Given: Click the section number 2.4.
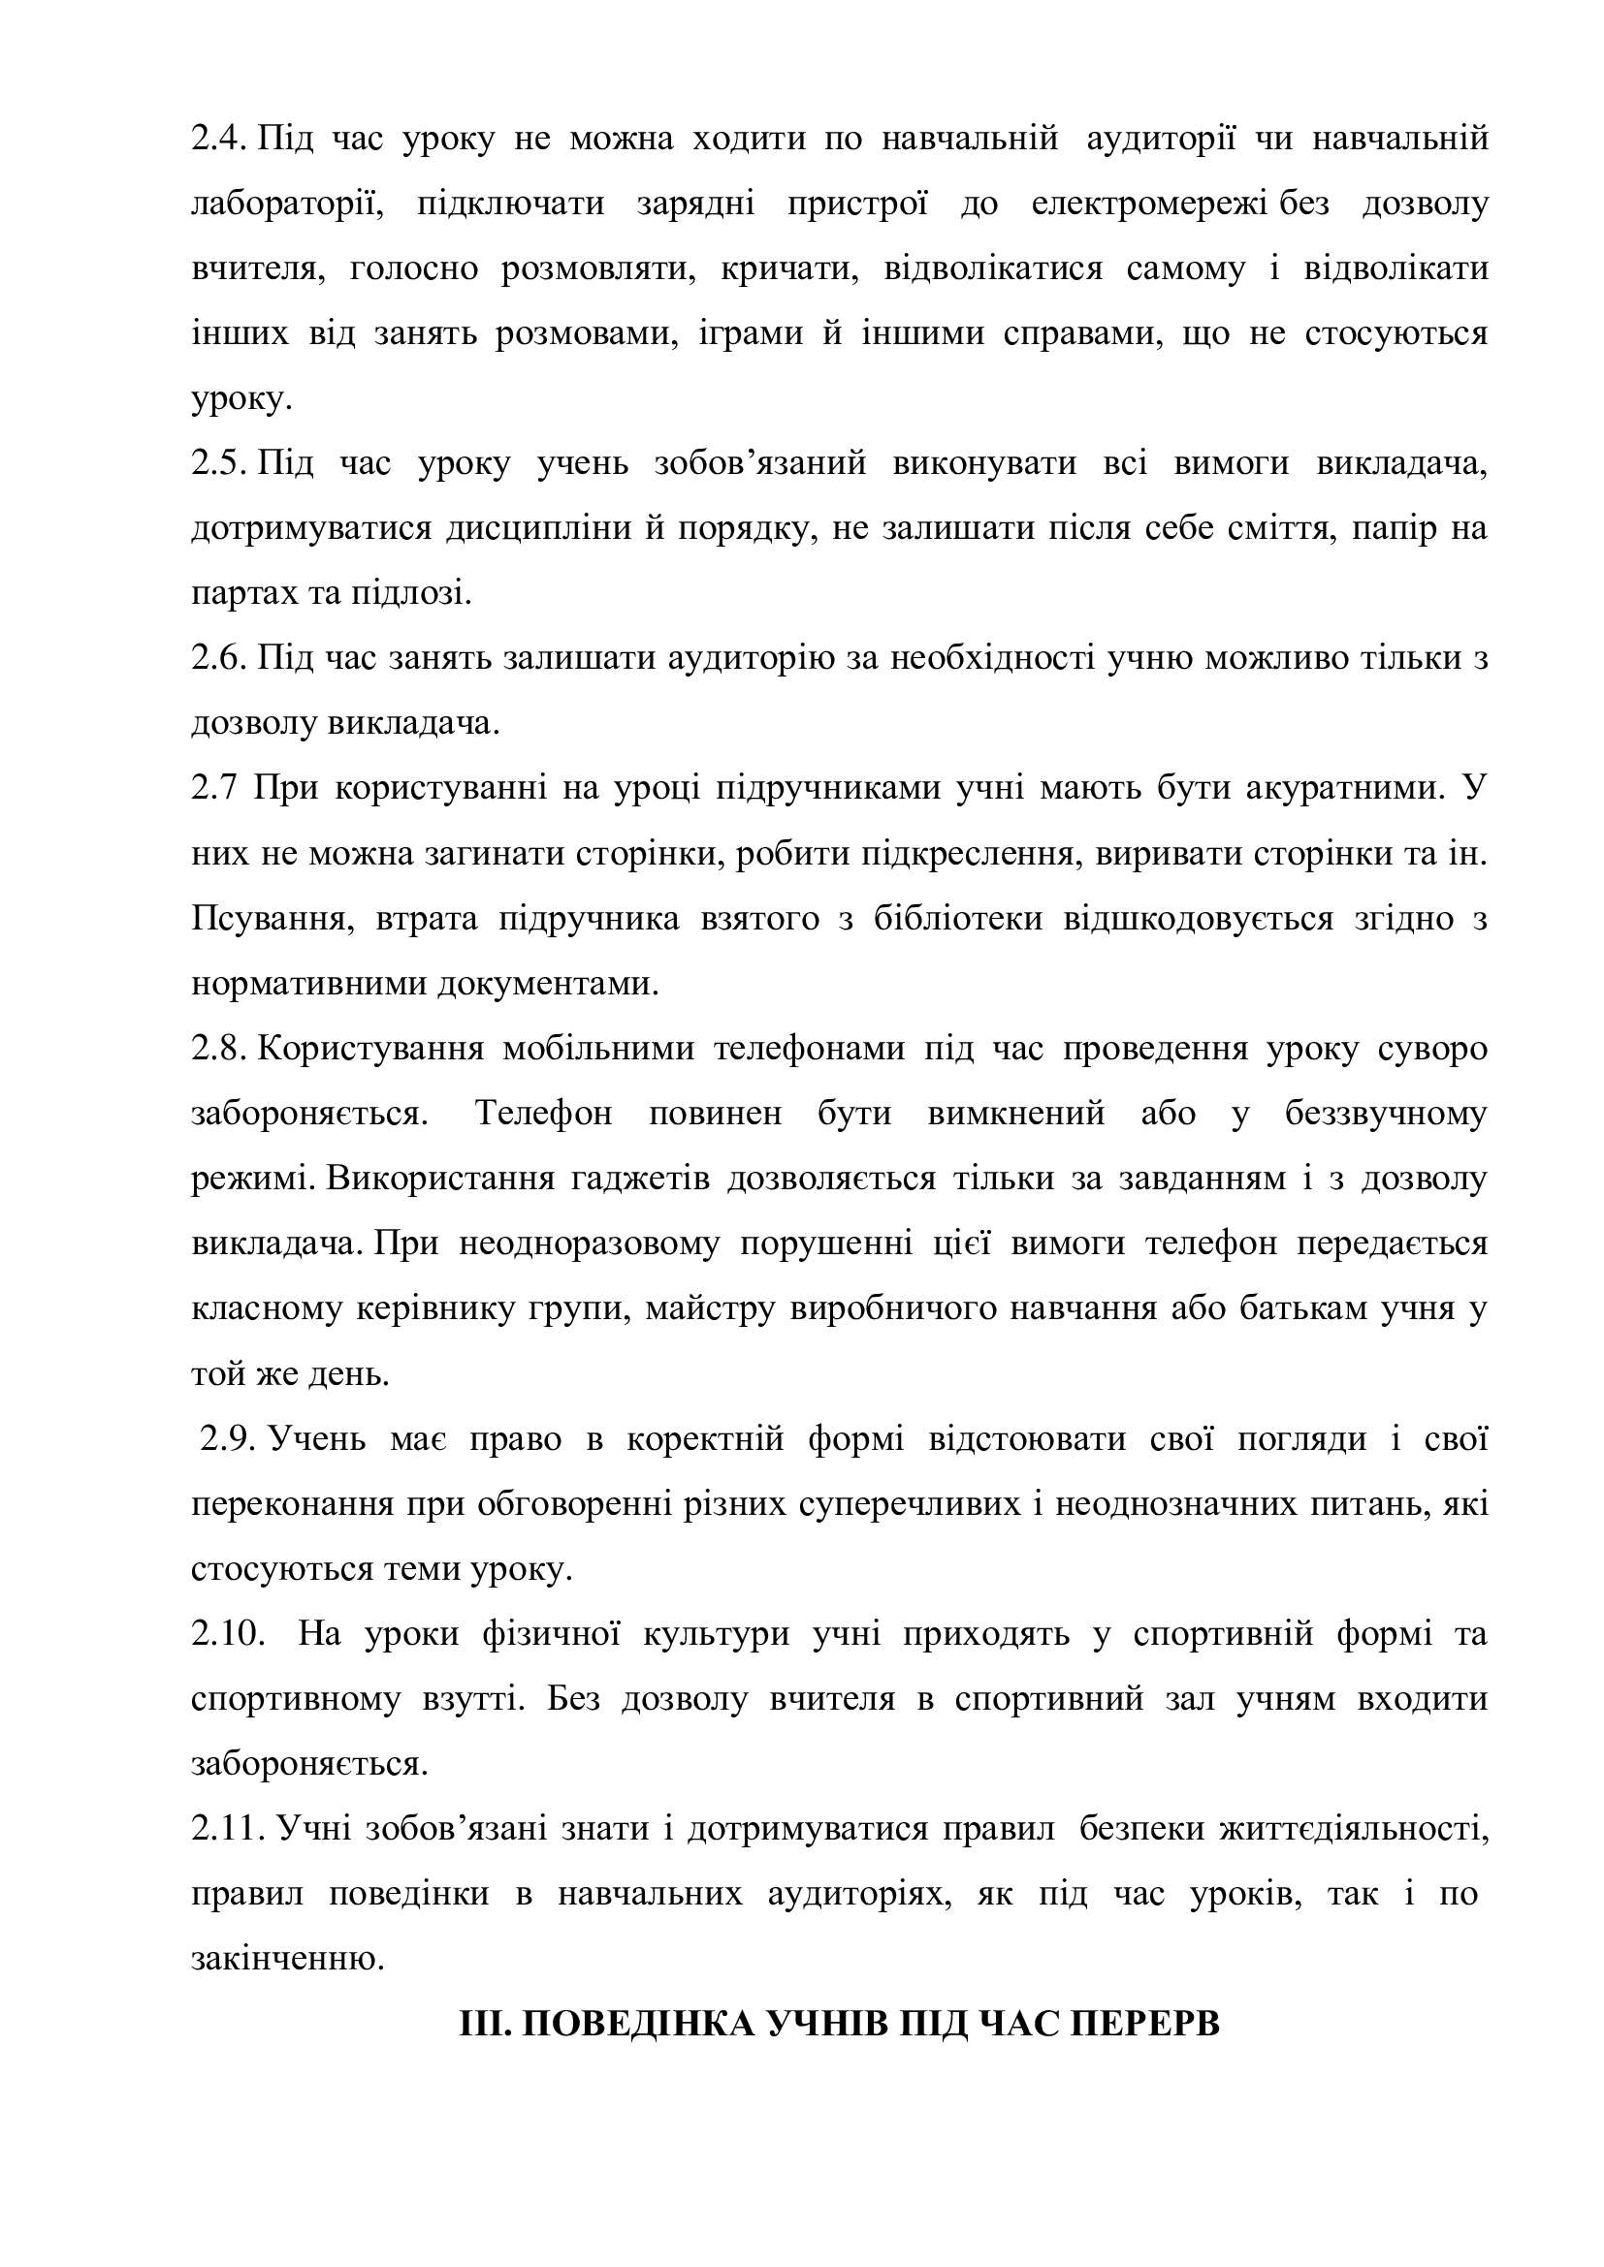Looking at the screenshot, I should coord(220,141).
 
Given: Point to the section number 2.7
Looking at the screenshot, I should coord(215,789).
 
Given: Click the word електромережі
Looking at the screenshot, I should coord(1152,205).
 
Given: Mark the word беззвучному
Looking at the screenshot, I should coord(1386,1114).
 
